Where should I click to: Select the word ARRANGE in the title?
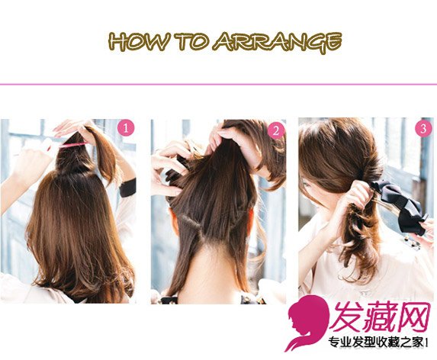(x=278, y=43)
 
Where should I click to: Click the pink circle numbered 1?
(x=127, y=128)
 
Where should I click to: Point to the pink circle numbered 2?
(x=276, y=130)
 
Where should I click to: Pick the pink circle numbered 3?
(x=423, y=128)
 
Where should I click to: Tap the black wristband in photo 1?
(x=128, y=188)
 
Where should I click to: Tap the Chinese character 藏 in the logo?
(x=381, y=317)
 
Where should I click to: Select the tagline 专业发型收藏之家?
(x=376, y=342)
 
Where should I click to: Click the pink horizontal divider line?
(x=218, y=84)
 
